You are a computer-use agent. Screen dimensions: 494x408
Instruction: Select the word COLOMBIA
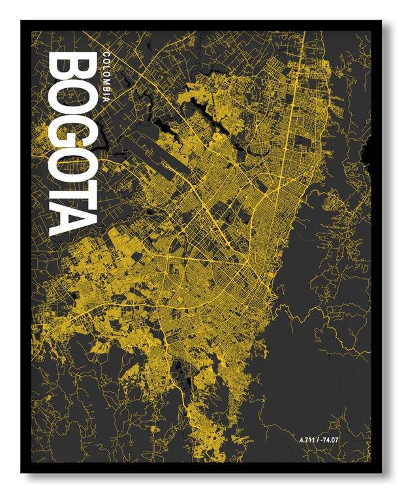pos(106,75)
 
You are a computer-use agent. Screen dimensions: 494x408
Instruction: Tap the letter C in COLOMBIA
pos(106,53)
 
